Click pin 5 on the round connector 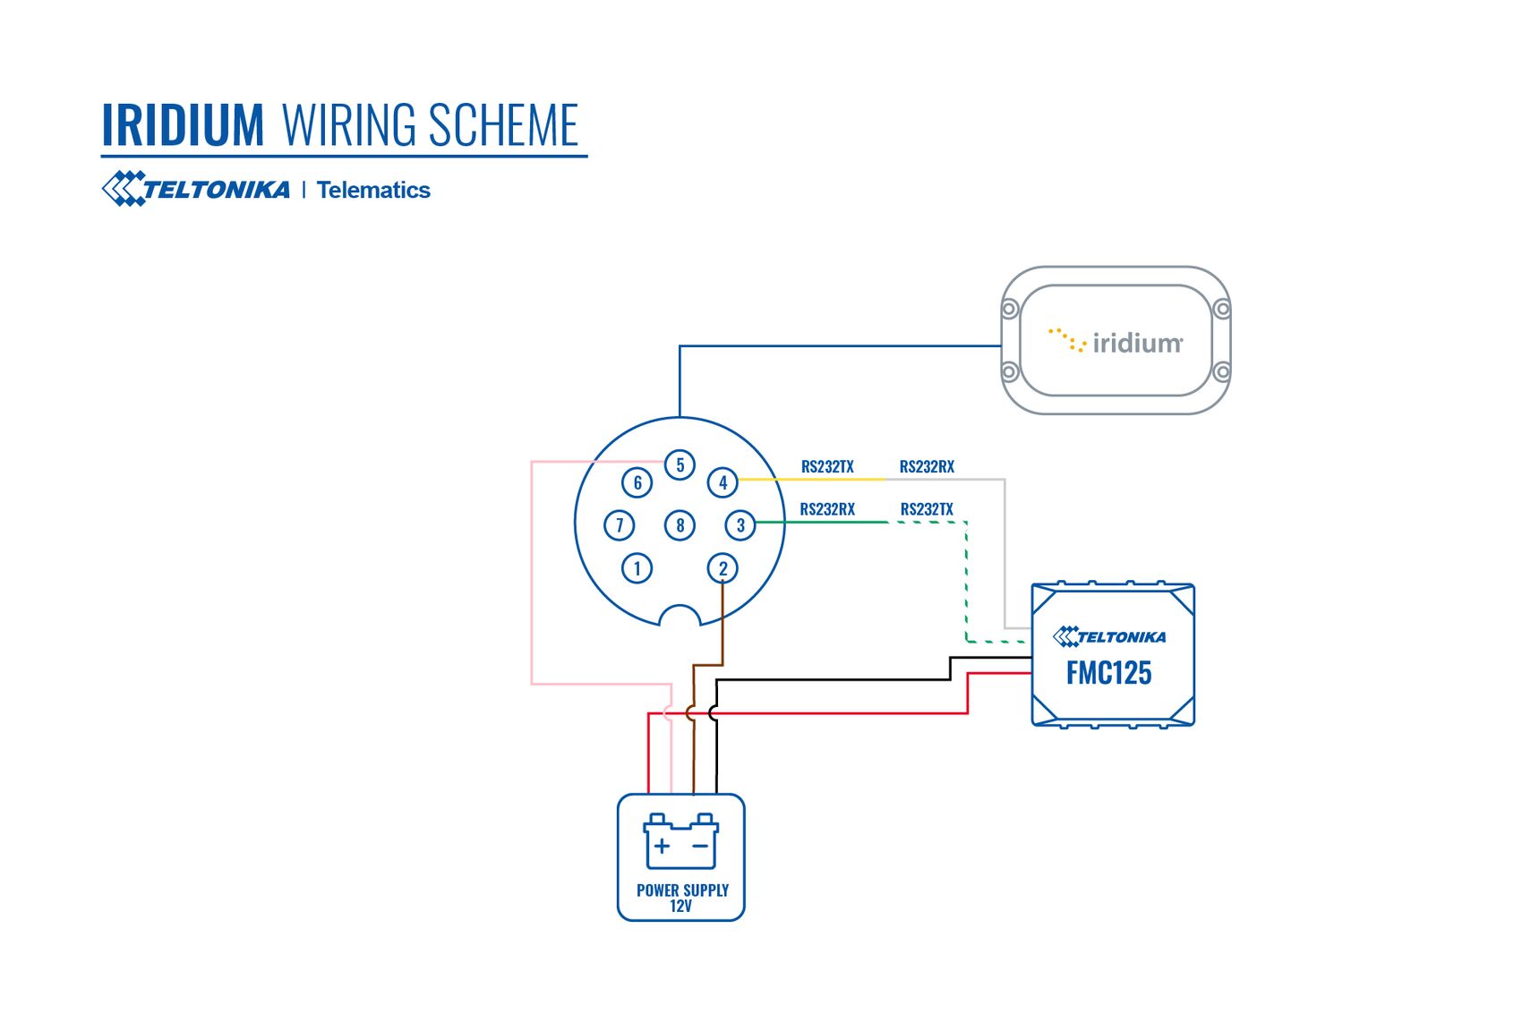[x=680, y=464]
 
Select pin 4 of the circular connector [x=723, y=482]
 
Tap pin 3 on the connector [x=740, y=525]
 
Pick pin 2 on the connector [x=723, y=568]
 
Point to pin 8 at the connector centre [x=680, y=525]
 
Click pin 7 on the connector [x=619, y=525]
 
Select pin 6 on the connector [x=637, y=482]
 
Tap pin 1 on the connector [x=637, y=568]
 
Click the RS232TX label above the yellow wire [x=827, y=466]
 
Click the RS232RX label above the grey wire [x=927, y=466]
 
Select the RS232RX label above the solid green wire [x=827, y=509]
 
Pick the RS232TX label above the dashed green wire [x=927, y=509]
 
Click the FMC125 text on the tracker [x=1108, y=673]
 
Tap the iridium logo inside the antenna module [x=1116, y=342]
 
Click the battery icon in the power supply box [x=680, y=841]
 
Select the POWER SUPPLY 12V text [x=682, y=898]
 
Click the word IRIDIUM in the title [x=183, y=125]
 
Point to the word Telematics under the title [x=373, y=190]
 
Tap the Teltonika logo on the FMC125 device [x=1109, y=636]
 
